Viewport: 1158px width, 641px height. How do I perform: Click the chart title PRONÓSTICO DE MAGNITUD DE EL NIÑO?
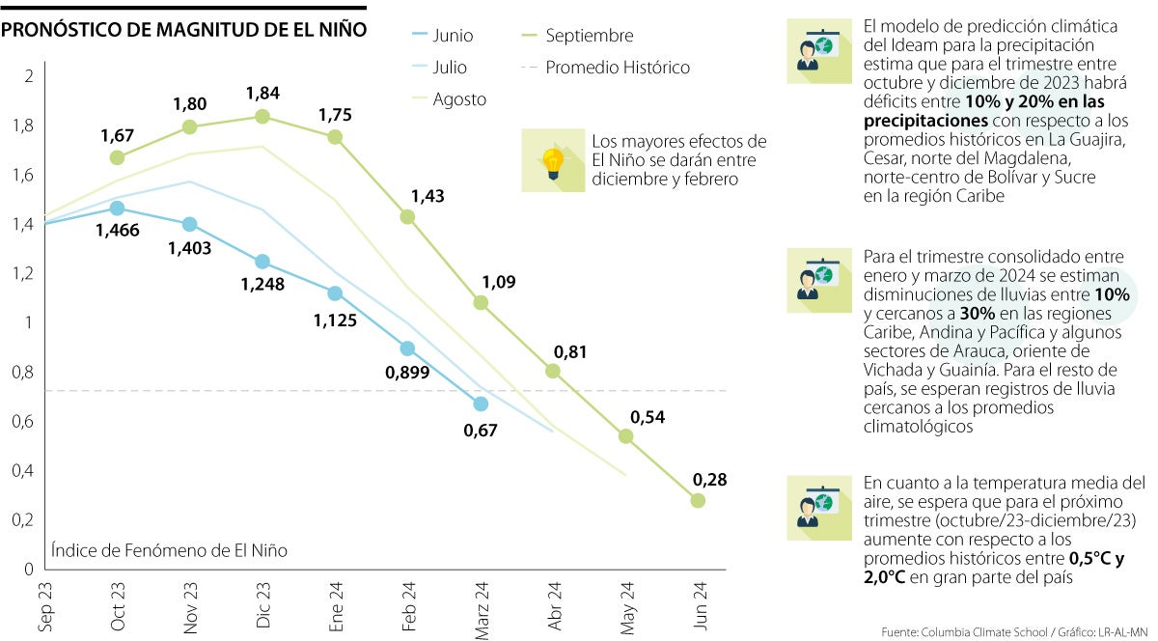click(x=183, y=30)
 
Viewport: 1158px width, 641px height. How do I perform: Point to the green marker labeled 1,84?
click(x=262, y=116)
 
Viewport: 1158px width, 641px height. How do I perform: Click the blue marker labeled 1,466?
click(x=117, y=208)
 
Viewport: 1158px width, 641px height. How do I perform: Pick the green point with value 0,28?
click(x=698, y=500)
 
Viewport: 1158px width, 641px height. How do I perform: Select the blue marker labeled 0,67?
click(x=481, y=404)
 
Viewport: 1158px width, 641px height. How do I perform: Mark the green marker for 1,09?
click(x=481, y=302)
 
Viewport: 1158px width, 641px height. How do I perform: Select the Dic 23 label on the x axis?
click(x=263, y=606)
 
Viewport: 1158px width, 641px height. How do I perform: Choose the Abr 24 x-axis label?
click(x=554, y=606)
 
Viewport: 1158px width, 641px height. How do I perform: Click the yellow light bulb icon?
click(x=552, y=160)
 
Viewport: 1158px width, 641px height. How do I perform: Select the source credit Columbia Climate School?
click(x=969, y=631)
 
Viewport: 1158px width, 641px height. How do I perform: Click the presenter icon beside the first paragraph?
click(x=815, y=45)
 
